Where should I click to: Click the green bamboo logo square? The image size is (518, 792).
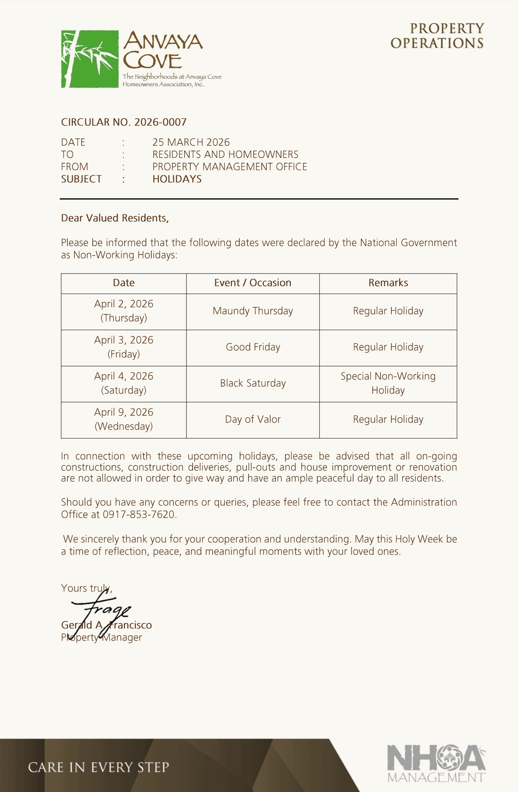(x=90, y=59)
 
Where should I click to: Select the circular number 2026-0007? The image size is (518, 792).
(x=160, y=122)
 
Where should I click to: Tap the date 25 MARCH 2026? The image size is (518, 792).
(x=191, y=142)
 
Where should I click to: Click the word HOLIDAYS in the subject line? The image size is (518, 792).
(x=177, y=179)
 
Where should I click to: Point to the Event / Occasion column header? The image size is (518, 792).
(x=253, y=283)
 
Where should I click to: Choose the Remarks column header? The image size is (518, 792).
(x=388, y=283)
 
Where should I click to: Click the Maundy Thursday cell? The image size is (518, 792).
(x=253, y=311)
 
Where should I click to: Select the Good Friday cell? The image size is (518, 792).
(x=253, y=347)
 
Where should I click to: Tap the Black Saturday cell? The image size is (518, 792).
(x=253, y=383)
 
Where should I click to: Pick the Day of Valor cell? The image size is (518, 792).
(x=253, y=420)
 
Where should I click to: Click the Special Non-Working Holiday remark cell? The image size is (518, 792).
(x=388, y=383)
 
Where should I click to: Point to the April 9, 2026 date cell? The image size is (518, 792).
(x=124, y=419)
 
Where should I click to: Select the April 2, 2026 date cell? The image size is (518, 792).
(x=124, y=311)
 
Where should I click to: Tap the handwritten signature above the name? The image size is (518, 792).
(x=102, y=609)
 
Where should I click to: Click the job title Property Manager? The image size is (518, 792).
(x=102, y=638)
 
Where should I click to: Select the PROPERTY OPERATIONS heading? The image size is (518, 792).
(x=437, y=36)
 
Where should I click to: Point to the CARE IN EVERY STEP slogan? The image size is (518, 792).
(x=98, y=768)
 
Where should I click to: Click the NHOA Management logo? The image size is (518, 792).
(x=436, y=764)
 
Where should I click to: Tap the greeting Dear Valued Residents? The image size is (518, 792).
(x=115, y=218)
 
